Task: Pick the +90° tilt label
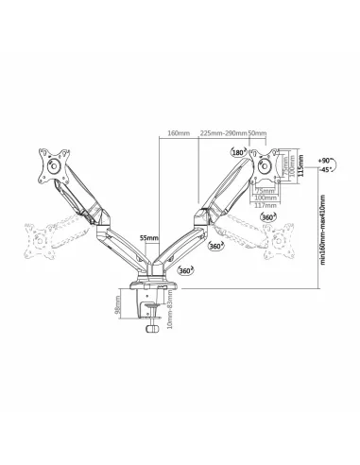pyautogui.click(x=326, y=162)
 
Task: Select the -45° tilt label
pyautogui.click(x=326, y=172)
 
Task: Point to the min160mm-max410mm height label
pyautogui.click(x=322, y=232)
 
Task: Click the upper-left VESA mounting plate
pyautogui.click(x=49, y=164)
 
